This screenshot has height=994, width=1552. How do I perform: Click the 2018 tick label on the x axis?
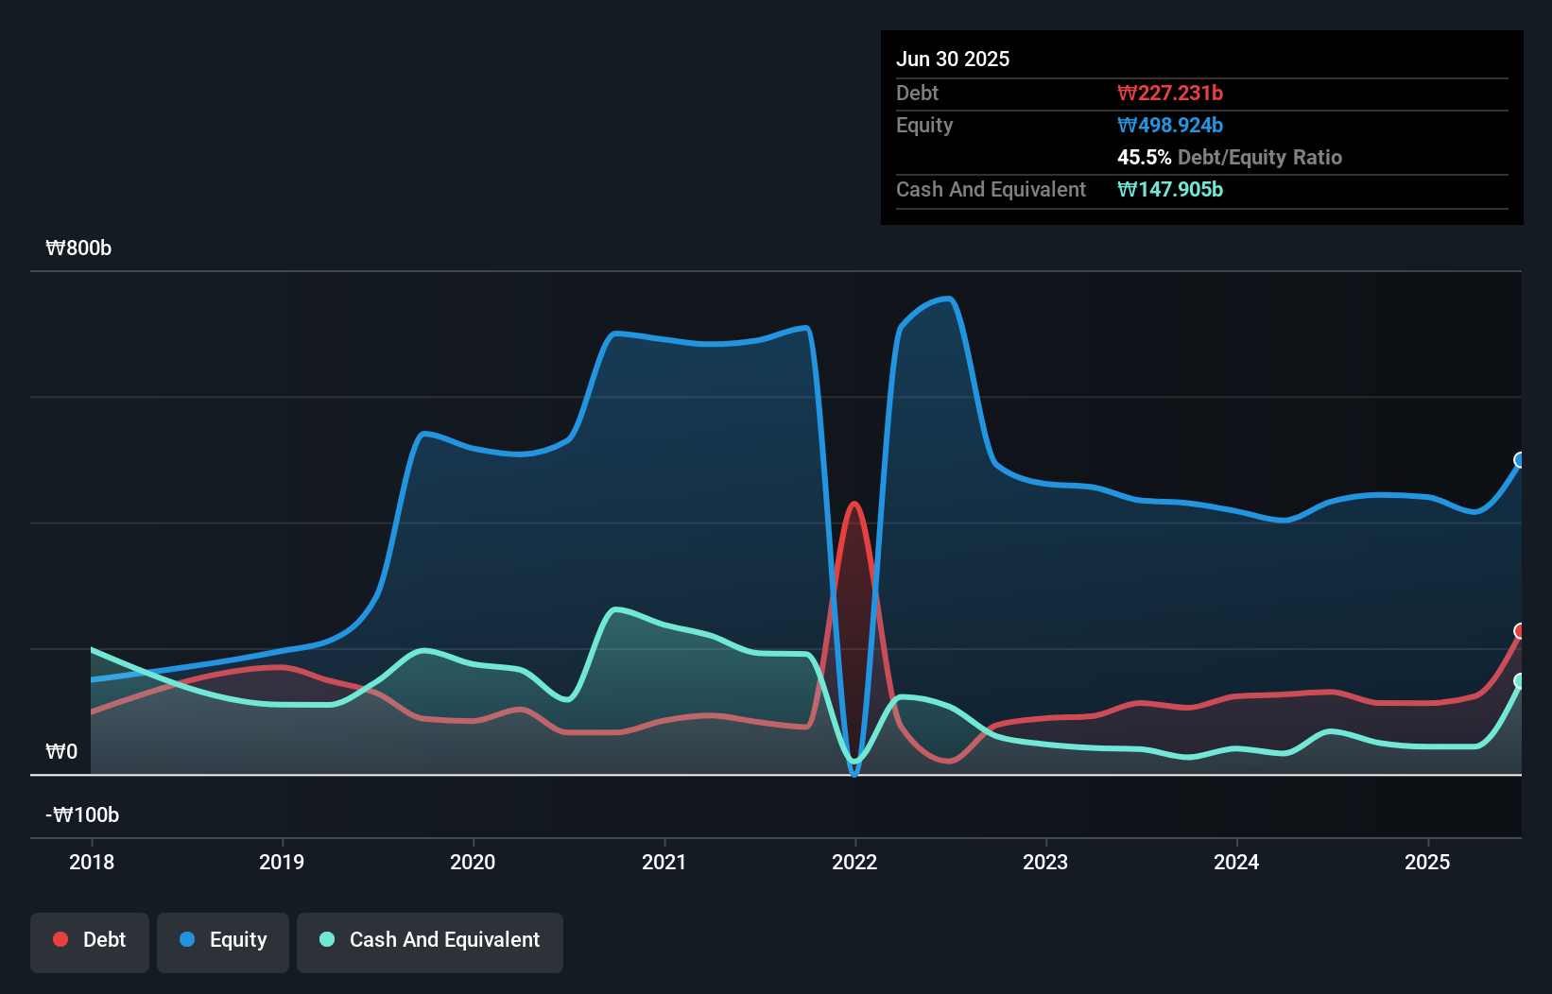point(92,862)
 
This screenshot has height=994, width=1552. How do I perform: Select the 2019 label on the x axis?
point(282,862)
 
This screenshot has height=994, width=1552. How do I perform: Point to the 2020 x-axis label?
point(473,862)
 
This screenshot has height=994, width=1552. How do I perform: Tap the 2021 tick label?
point(664,862)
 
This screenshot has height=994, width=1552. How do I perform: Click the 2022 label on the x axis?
point(854,862)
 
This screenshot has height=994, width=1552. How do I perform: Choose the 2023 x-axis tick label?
point(1045,862)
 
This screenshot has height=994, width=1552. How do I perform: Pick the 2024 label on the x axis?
point(1236,862)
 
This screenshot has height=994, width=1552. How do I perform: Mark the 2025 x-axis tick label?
point(1427,862)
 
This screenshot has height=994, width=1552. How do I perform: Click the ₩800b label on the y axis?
point(78,248)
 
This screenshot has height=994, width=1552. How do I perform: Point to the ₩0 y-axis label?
point(62,752)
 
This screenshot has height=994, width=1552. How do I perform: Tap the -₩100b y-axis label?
point(82,815)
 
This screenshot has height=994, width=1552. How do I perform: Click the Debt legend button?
point(90,940)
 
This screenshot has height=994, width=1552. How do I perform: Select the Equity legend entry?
point(223,940)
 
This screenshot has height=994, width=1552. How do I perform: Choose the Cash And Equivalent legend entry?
point(430,940)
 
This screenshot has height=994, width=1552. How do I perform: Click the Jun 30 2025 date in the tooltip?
point(953,59)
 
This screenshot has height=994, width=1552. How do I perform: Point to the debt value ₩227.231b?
point(1170,93)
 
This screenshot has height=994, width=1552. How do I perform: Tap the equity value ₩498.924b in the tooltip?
point(1170,125)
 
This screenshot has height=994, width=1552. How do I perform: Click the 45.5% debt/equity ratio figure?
point(1144,157)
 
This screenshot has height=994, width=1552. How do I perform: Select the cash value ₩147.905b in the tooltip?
point(1170,189)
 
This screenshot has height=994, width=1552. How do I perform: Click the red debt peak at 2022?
point(854,505)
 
